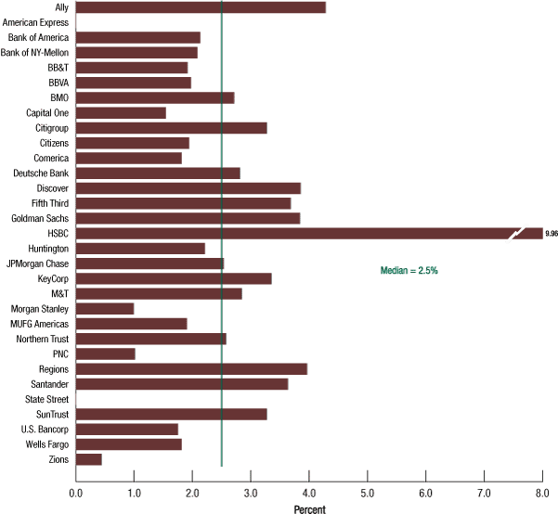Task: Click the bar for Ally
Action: [x=200, y=7]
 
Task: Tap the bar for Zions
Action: [x=88, y=459]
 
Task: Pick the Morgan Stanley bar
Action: [x=104, y=308]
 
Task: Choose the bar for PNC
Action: [x=105, y=353]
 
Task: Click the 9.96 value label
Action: [x=552, y=234]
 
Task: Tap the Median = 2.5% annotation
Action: [x=409, y=270]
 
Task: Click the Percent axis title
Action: [x=309, y=508]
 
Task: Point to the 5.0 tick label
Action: [x=368, y=493]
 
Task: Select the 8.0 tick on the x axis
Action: [x=542, y=493]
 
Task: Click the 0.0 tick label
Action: [x=76, y=493]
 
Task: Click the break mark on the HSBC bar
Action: [x=517, y=233]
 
